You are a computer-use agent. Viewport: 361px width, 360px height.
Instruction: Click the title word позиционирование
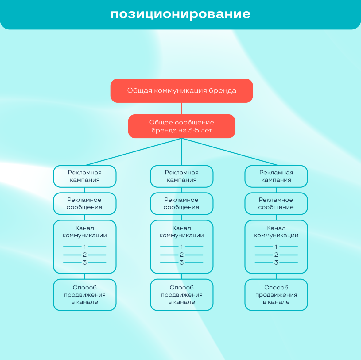coord(180,14)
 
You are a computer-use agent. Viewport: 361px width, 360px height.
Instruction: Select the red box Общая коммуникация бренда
coord(181,91)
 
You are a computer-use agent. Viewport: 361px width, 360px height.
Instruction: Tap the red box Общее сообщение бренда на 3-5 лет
coord(181,126)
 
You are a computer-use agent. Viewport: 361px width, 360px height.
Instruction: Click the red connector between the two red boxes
coord(182,109)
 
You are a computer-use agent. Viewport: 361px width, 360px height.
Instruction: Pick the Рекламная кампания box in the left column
coord(85,176)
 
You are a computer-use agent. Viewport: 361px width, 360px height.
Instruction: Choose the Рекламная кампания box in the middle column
coord(182,176)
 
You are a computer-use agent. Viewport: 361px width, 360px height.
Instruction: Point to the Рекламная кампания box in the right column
coord(276,176)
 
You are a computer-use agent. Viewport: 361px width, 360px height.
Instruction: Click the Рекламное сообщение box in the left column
coord(85,204)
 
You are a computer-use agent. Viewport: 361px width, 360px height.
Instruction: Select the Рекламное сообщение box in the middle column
coord(182,204)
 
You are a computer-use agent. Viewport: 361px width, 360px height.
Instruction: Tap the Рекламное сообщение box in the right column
coord(276,204)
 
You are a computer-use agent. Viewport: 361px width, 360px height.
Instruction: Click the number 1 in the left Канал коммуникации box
coord(85,247)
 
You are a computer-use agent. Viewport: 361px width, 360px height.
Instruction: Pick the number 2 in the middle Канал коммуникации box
coord(182,255)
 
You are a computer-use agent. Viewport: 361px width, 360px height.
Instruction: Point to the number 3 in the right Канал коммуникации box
coord(276,262)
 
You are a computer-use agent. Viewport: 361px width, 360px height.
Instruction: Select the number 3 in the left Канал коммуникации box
coord(85,262)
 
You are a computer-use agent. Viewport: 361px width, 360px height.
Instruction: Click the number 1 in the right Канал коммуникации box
coord(276,247)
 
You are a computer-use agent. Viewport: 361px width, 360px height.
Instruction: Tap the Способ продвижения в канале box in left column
coord(85,295)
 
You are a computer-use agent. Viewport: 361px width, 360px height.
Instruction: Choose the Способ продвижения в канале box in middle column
coord(182,295)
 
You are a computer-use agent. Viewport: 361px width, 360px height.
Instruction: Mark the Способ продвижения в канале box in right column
coord(276,295)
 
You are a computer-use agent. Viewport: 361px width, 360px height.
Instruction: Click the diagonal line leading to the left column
coord(133,152)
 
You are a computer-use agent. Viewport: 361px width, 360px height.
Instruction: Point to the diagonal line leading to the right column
coord(230,152)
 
